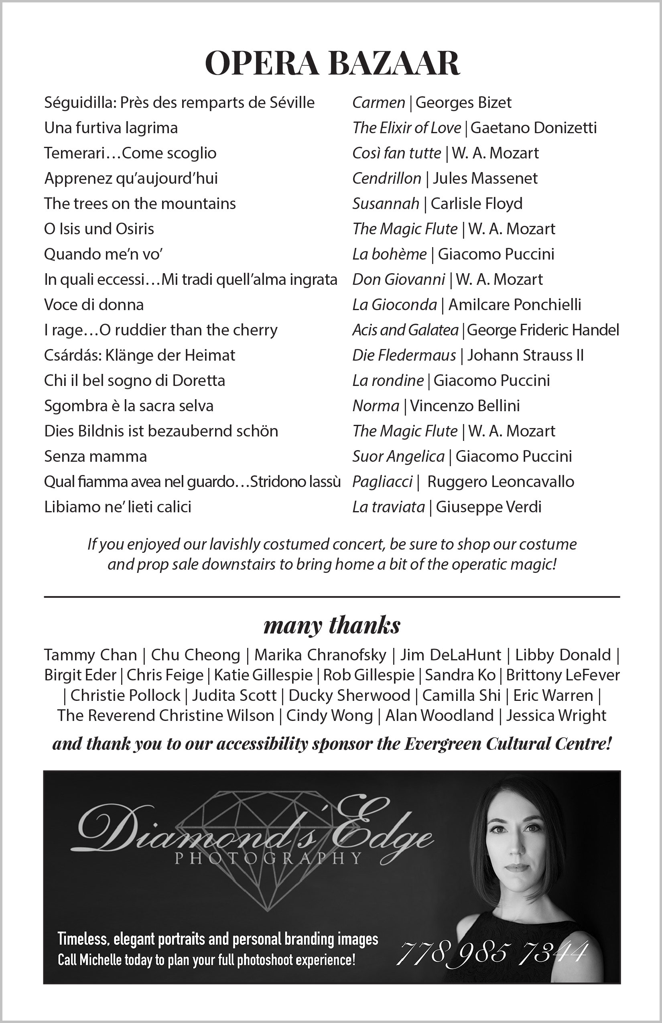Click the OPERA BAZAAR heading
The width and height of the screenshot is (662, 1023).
coord(332,63)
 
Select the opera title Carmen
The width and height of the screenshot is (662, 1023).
coord(378,103)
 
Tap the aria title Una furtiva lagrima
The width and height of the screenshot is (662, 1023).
coord(111,128)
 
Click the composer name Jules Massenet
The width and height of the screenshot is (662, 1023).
coord(485,179)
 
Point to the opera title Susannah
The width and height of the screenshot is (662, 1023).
coord(386,204)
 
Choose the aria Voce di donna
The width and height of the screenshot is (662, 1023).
coord(94,305)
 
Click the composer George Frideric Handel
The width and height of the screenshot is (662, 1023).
coord(543,330)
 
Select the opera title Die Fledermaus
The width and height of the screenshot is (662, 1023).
coord(404,355)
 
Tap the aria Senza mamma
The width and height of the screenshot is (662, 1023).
coord(95,457)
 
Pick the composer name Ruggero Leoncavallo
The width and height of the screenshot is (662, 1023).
coord(500,482)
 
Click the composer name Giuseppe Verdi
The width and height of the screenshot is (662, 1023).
coord(488,507)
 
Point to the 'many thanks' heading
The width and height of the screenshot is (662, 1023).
coord(332,625)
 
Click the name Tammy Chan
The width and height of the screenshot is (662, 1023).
coord(90,655)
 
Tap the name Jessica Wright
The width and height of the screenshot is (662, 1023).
coord(556,716)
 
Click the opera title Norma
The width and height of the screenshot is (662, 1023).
coord(376,406)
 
